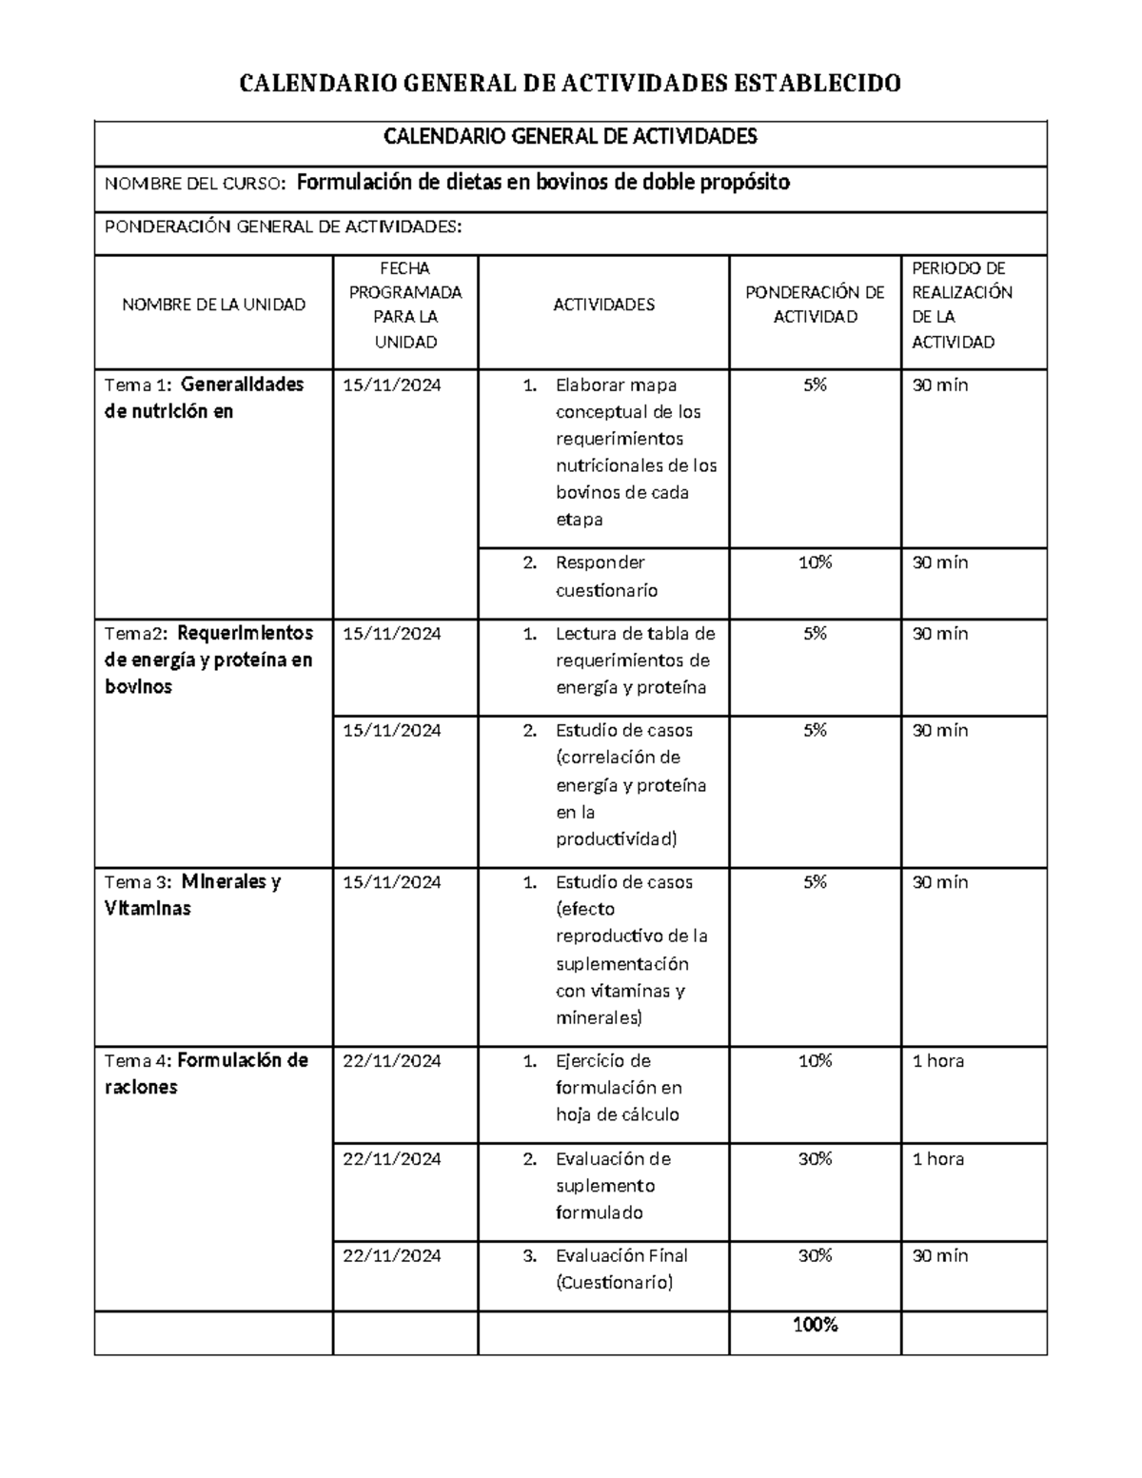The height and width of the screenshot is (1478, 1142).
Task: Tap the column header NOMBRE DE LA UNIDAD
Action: point(213,305)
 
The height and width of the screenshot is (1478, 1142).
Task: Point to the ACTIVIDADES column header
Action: point(603,305)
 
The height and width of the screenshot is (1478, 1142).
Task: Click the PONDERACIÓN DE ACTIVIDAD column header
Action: point(815,305)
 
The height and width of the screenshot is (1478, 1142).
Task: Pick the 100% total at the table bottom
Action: point(815,1325)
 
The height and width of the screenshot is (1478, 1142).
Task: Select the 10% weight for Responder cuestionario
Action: point(815,562)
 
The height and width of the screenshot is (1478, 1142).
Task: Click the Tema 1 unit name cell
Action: point(204,398)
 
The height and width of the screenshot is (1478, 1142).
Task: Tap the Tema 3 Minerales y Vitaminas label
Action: point(192,895)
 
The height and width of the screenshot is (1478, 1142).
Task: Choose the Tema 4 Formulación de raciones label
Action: point(206,1074)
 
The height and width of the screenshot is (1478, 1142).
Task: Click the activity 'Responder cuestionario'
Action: point(605,576)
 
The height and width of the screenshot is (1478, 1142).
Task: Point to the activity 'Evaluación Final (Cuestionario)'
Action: point(620,1269)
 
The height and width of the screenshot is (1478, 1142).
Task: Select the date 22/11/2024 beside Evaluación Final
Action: point(392,1255)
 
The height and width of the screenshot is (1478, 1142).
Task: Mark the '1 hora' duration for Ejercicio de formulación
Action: point(937,1060)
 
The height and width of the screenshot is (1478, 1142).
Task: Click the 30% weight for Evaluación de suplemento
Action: point(815,1158)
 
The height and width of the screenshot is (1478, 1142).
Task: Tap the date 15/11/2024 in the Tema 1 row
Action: point(392,384)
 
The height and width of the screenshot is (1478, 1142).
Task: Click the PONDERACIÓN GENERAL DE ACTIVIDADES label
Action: point(284,227)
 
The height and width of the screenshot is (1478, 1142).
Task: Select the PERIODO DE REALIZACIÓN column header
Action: point(961,305)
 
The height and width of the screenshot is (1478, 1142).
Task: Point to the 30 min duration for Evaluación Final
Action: point(939,1255)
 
